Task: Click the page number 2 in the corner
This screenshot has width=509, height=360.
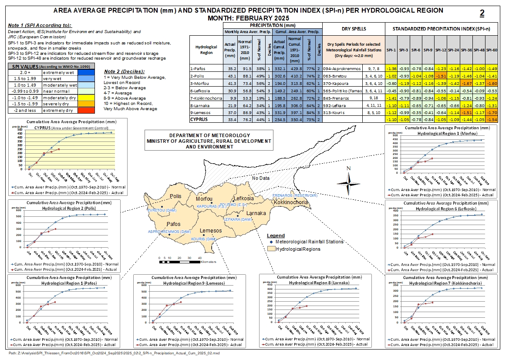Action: tap(482, 13)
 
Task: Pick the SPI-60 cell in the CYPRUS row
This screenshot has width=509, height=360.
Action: tap(492, 119)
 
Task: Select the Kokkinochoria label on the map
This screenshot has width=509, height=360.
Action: tap(291, 202)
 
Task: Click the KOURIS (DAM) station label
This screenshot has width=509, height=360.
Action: tap(204, 239)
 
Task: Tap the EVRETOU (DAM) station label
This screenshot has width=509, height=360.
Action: tap(161, 210)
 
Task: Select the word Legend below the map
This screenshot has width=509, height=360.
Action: tap(276, 236)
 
